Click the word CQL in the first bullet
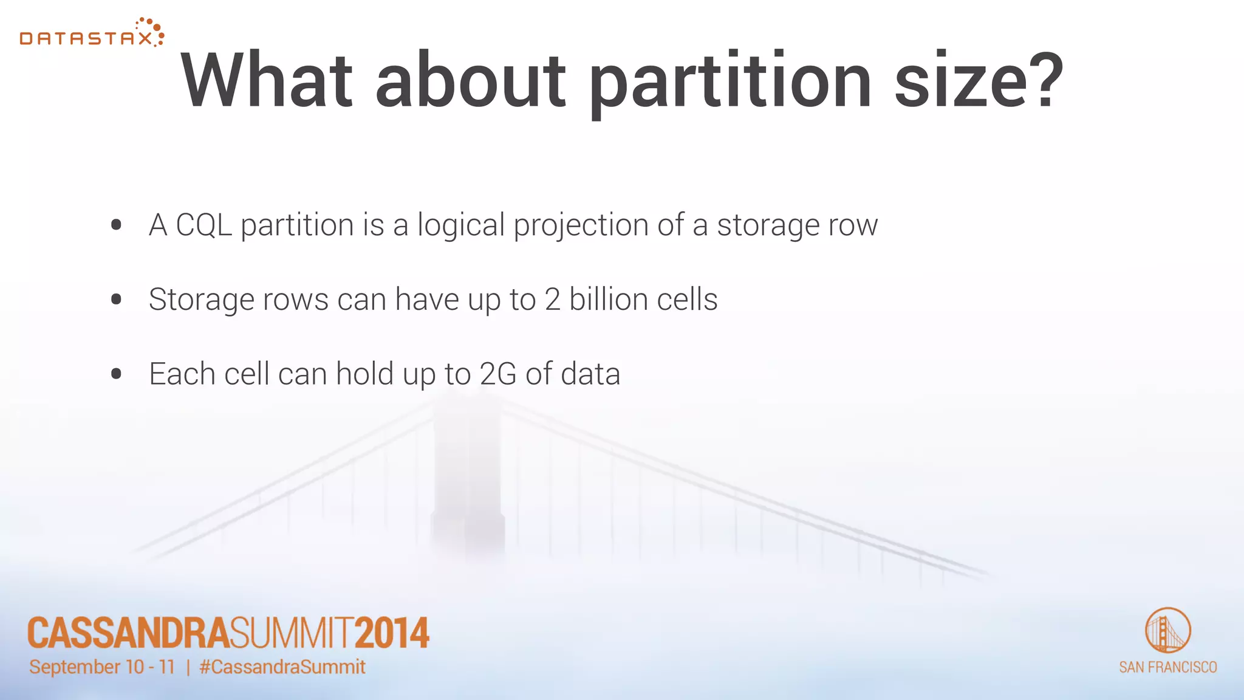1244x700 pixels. click(203, 225)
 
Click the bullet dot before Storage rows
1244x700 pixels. click(117, 299)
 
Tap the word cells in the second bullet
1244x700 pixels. click(687, 299)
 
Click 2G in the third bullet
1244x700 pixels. click(497, 374)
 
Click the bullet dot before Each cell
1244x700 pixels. click(117, 374)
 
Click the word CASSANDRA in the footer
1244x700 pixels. click(128, 633)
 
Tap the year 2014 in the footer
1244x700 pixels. click(392, 633)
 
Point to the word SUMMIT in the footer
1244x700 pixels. click(292, 633)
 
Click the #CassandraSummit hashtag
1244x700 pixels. click(282, 667)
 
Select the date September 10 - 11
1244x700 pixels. click(102, 667)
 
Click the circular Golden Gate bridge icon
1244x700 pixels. click(1167, 630)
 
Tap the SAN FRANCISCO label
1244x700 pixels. click(1167, 667)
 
